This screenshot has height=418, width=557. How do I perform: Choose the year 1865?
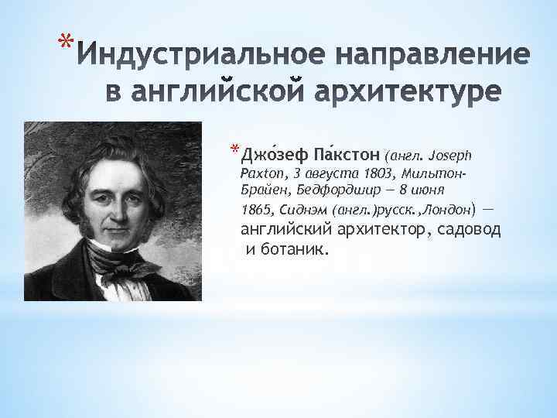pos(257,210)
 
